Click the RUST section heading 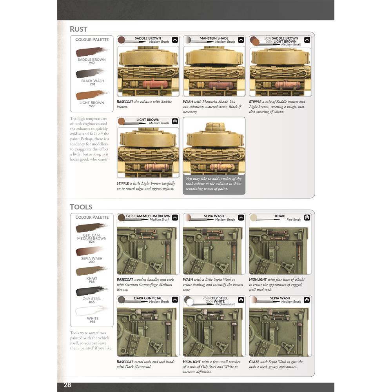[x=78, y=29]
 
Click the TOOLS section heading [x=81, y=207]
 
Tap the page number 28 [x=67, y=385]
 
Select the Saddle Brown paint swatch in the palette [x=92, y=52]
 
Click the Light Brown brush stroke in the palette [x=92, y=95]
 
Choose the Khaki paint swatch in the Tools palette [x=92, y=271]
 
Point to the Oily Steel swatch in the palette [x=92, y=291]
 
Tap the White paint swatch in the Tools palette [x=92, y=311]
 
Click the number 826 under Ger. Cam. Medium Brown [x=92, y=242]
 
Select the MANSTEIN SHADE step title [x=214, y=38]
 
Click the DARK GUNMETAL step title [x=148, y=298]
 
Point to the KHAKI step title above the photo [x=280, y=216]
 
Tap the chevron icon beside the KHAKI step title [x=307, y=218]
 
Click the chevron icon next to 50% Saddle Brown [x=307, y=40]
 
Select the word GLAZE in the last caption [x=254, y=362]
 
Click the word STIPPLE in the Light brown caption [x=122, y=183]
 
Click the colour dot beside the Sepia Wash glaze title [x=254, y=299]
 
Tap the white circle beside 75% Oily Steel [x=190, y=302]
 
